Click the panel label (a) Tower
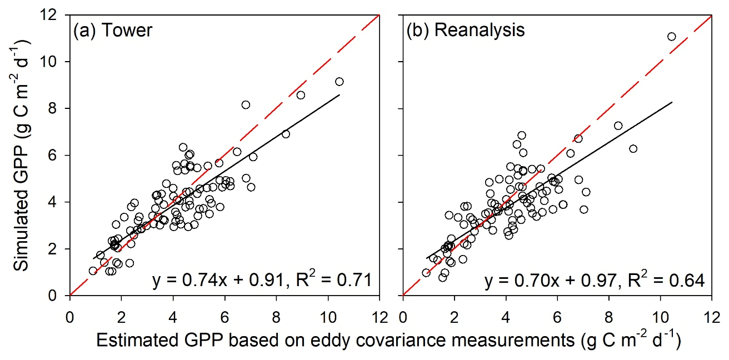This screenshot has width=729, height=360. (112, 30)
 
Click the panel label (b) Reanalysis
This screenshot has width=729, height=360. (465, 30)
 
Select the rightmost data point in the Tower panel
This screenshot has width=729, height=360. (339, 82)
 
